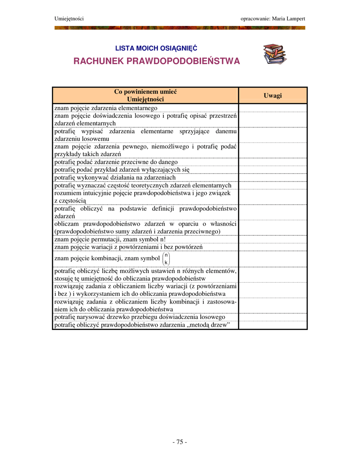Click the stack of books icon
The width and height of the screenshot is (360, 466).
[x=274, y=54]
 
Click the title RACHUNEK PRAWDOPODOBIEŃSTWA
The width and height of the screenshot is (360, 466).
[x=157, y=61]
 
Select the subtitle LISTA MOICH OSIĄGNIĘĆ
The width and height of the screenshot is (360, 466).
[x=156, y=48]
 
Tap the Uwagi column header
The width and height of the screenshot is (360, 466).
[x=273, y=95]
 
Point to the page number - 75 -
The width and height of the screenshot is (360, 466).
[x=180, y=442]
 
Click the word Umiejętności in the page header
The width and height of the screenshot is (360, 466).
[x=69, y=18]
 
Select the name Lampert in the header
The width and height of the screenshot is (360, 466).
[x=295, y=18]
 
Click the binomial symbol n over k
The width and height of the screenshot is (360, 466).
[x=166, y=258]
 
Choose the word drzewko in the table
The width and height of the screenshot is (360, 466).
[x=130, y=317]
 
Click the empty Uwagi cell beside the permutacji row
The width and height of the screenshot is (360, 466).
[x=273, y=239]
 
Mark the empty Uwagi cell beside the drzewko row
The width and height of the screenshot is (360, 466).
[x=273, y=317]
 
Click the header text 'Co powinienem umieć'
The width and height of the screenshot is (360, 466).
[x=145, y=92]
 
